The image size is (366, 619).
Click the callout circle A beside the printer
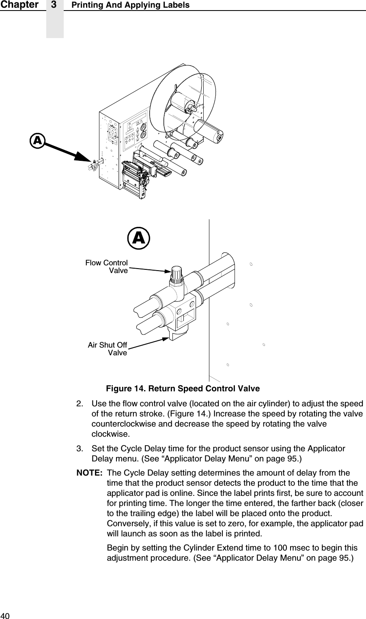38,141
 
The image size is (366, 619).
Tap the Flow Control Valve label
107,267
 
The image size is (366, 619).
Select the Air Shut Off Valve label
108,349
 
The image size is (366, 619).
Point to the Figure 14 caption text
183,389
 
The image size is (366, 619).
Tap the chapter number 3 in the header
54,5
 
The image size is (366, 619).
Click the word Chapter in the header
19,5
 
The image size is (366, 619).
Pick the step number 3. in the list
81,449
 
